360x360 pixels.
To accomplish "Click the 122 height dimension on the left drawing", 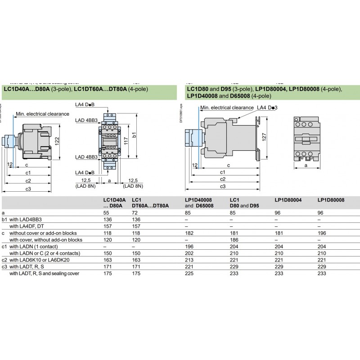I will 57,140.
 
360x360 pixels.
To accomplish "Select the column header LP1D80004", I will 288,199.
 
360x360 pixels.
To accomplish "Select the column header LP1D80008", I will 331,199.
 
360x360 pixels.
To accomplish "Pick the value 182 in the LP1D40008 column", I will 189,233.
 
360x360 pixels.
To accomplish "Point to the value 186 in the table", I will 234,240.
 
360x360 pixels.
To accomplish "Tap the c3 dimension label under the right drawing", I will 222,186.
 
